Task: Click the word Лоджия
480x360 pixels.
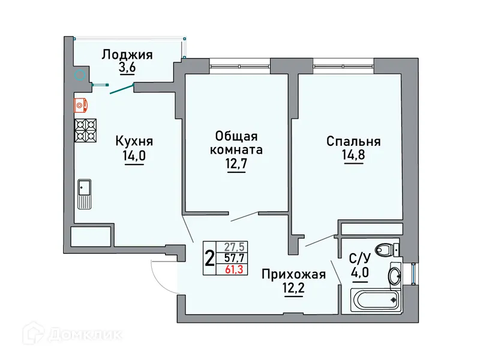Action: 127,55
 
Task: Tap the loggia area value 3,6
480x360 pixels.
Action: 127,68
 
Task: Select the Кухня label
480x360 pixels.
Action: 134,142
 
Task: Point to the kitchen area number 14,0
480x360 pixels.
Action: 134,157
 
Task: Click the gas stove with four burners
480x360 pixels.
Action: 85,130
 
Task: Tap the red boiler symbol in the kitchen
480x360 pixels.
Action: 82,105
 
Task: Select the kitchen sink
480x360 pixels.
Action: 84,194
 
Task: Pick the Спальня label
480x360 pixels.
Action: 353,142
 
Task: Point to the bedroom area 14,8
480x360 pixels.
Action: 353,157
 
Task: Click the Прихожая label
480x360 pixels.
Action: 293,275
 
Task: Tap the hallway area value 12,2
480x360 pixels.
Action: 293,290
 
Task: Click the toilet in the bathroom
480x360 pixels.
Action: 385,249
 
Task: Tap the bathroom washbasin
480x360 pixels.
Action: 396,277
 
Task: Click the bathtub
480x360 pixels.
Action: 376,301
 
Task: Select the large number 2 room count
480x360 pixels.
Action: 209,258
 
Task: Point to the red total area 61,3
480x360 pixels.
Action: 233,269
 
